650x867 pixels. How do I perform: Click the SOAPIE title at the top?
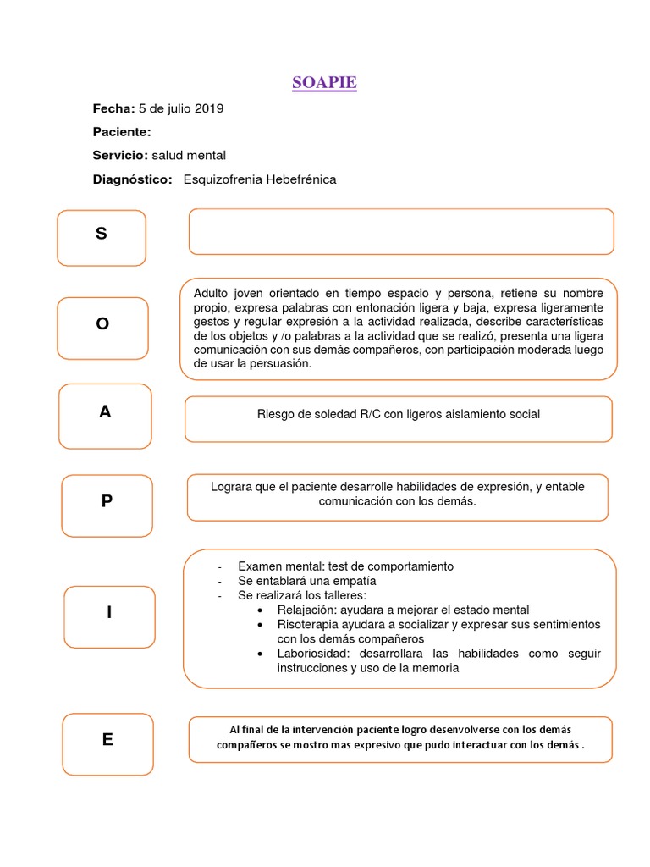324,83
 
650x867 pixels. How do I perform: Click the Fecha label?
113,109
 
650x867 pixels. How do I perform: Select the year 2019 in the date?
209,109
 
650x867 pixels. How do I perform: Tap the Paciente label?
122,132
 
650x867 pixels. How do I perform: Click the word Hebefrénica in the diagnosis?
300,179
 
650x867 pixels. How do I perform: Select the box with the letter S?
102,236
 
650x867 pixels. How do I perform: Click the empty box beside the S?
400,231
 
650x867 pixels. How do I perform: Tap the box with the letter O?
102,323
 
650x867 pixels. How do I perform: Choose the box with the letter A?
105,414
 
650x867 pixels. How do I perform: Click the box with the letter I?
109,613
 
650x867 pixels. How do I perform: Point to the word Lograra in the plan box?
231,486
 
